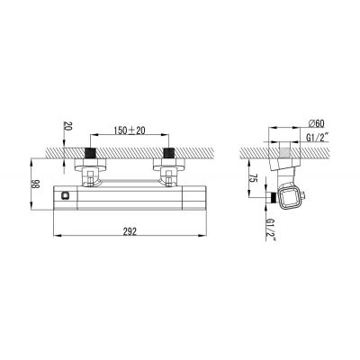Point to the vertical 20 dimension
click(x=67, y=128)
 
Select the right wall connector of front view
click(x=167, y=168)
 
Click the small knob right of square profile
click(x=310, y=194)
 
